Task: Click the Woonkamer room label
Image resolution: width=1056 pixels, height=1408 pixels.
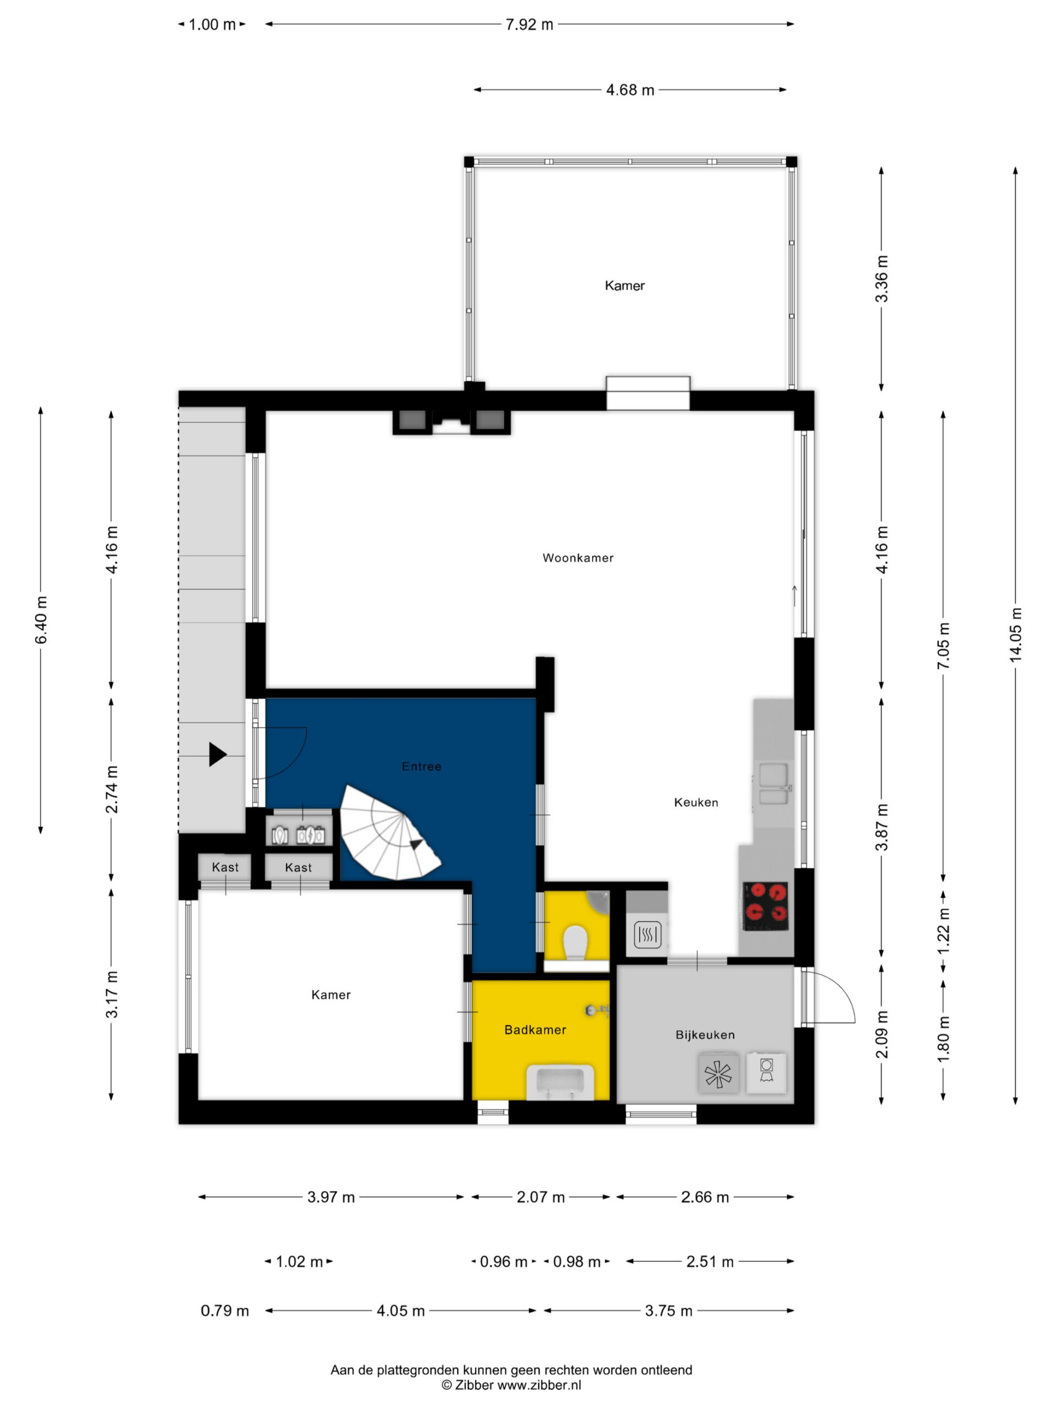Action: tap(577, 558)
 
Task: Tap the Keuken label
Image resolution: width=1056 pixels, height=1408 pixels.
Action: tap(696, 802)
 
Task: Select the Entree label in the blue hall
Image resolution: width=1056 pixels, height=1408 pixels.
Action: tap(421, 766)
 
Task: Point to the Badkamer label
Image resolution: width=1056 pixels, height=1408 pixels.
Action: tap(535, 1029)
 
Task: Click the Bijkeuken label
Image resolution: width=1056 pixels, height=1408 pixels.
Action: tap(705, 1035)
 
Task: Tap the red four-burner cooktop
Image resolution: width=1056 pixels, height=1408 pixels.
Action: tap(766, 905)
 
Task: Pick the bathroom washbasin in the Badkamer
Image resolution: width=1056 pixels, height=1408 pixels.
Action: tap(560, 1081)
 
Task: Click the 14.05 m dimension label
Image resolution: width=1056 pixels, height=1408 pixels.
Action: tap(1015, 634)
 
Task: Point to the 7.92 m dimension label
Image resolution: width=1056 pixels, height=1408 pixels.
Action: tap(530, 24)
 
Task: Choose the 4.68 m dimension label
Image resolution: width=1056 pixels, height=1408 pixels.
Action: tap(630, 90)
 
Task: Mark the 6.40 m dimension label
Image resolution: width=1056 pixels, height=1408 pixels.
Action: tap(41, 620)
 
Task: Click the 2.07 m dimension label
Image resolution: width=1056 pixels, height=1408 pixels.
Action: tap(541, 1197)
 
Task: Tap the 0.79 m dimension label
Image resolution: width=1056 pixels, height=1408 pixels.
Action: tap(225, 1311)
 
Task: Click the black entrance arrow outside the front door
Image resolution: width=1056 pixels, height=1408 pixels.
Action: tap(218, 755)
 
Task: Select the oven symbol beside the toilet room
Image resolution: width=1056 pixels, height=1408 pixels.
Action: tap(647, 935)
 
